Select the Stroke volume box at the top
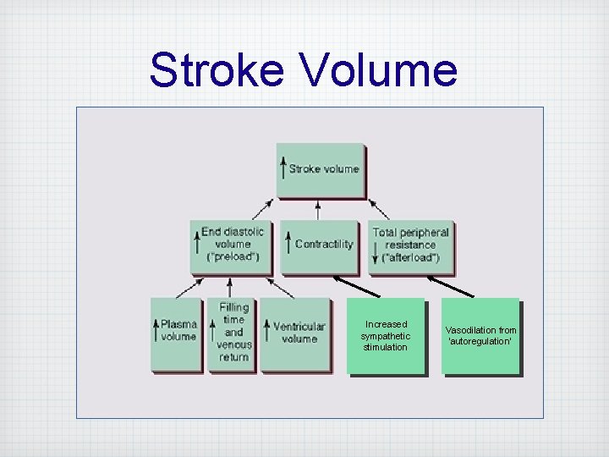pos(321,170)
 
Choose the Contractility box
pos(320,245)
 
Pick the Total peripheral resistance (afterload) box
pos(410,245)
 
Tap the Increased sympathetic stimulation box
pos(386,336)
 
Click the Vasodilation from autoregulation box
pos(480,336)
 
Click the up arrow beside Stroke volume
pos(284,168)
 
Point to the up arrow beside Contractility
pos(288,243)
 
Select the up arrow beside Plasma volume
pos(156,330)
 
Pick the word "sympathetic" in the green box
pos(386,336)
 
